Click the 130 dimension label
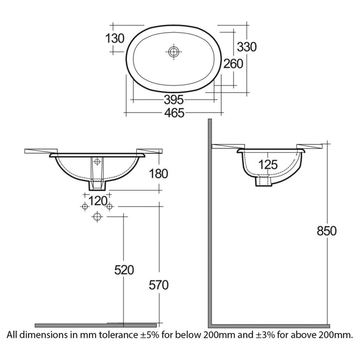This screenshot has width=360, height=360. pyautogui.click(x=115, y=38)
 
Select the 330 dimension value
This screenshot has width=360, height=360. pyautogui.click(x=247, y=46)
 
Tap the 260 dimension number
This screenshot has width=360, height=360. pyautogui.click(x=233, y=63)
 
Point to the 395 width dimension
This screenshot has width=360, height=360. pyautogui.click(x=173, y=99)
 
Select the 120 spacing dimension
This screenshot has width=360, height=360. pyautogui.click(x=96, y=199)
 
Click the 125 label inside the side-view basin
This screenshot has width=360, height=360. pyautogui.click(x=268, y=165)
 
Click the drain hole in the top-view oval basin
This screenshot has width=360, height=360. pyautogui.click(x=174, y=52)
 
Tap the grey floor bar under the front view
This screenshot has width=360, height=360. pyautogui.click(x=96, y=325)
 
